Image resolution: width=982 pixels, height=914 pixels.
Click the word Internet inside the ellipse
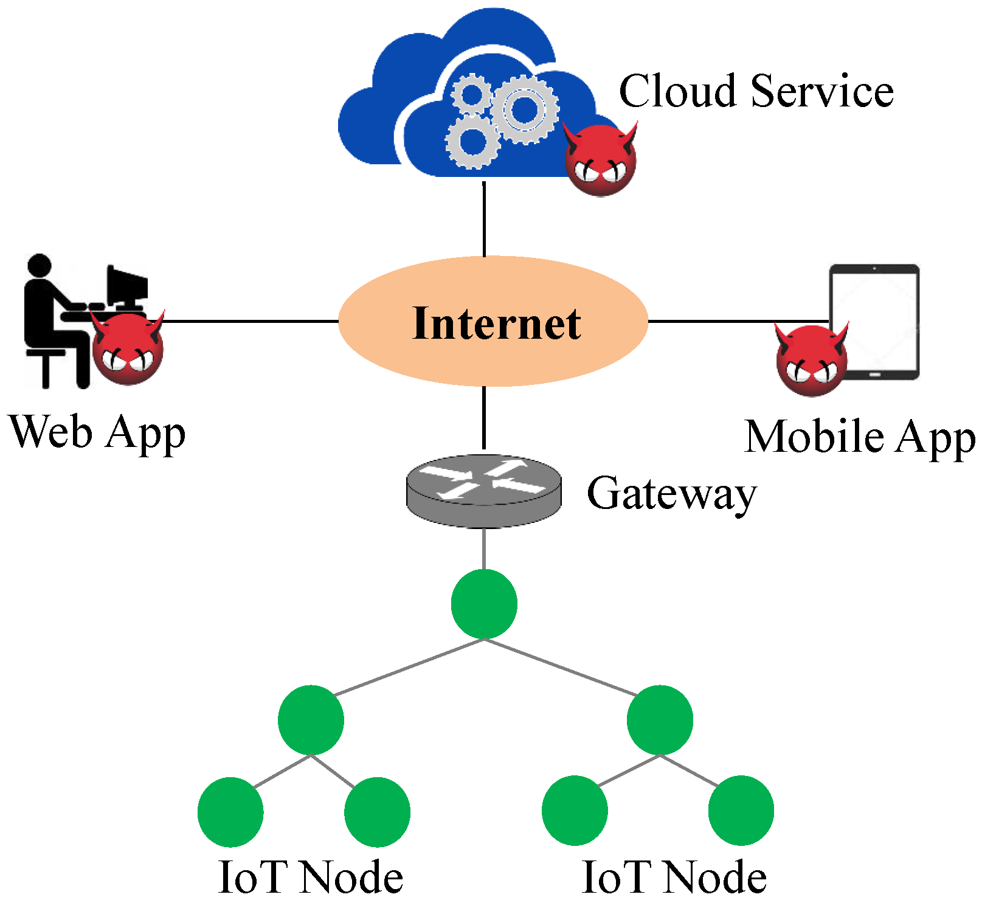click(x=496, y=323)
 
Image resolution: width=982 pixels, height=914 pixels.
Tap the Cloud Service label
click(x=756, y=91)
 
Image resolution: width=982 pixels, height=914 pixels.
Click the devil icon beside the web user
click(x=128, y=349)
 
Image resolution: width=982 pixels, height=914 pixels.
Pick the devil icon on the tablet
click(x=811, y=360)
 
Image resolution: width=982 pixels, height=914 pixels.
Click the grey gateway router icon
click(x=484, y=491)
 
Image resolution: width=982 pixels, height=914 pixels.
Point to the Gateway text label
click(x=671, y=493)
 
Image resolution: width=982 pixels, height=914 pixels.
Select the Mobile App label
click(x=859, y=437)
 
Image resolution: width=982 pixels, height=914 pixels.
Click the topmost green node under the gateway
click(x=484, y=604)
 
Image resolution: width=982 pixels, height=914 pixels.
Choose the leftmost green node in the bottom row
click(x=230, y=812)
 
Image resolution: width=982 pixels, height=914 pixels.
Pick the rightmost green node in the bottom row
click(x=741, y=811)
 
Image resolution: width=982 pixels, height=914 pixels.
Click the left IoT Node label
click(x=310, y=878)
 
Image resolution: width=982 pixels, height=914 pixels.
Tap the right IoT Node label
click(x=674, y=878)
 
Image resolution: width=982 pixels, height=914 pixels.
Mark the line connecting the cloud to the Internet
click(x=484, y=219)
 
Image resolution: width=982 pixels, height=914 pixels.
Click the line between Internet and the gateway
click(x=484, y=418)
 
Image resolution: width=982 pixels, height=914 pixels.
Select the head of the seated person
click(x=40, y=266)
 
